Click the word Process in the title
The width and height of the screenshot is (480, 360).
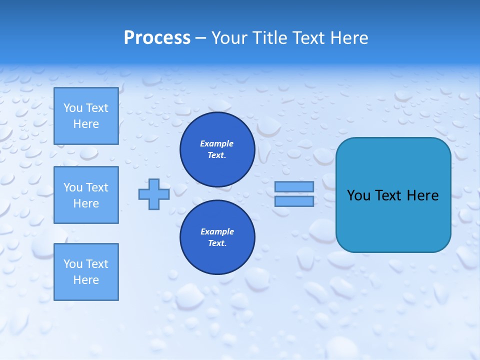click(x=157, y=37)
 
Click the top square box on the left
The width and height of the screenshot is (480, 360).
click(x=86, y=116)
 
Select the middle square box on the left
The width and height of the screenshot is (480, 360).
click(x=86, y=195)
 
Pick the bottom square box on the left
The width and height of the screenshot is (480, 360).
click(x=86, y=272)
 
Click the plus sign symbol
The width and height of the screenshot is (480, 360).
click(x=154, y=194)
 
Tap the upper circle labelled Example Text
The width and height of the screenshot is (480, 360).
click(x=217, y=149)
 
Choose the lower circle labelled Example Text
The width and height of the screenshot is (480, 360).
click(x=217, y=237)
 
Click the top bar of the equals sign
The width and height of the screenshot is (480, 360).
click(x=294, y=187)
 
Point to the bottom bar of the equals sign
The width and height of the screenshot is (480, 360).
click(x=294, y=201)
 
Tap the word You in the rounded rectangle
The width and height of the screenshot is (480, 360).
click(x=358, y=195)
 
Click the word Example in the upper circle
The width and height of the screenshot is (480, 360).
click(x=217, y=143)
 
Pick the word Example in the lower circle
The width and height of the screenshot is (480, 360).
click(x=217, y=231)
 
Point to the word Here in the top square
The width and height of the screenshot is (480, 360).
click(x=86, y=124)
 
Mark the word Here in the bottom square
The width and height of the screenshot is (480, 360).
click(x=86, y=280)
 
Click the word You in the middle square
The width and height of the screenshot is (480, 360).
click(x=73, y=187)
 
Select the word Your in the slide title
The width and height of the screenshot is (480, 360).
click(x=229, y=37)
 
